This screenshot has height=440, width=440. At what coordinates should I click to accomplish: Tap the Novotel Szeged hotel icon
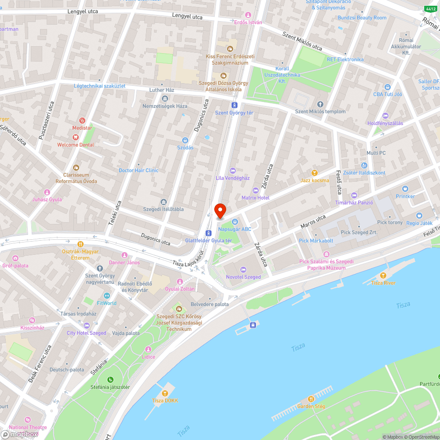[x=243, y=270]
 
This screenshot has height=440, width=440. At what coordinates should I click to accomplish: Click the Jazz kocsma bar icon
[x=315, y=173]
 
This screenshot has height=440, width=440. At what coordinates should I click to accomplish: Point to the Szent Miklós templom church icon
[x=320, y=104]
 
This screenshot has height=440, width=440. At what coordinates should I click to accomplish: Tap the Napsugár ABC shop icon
[x=235, y=221]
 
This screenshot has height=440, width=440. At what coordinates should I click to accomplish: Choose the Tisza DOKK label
[x=165, y=400]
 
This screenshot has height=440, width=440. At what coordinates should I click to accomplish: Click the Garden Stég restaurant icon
[x=311, y=399]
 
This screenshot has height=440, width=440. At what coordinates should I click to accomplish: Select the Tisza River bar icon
[x=383, y=275]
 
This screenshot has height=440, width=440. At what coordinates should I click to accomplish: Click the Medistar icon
[x=82, y=121]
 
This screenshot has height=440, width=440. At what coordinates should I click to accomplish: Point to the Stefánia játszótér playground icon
[x=110, y=380]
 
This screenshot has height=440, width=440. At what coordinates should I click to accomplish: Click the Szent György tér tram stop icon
[x=234, y=105]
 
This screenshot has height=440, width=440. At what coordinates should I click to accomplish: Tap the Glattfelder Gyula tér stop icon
[x=208, y=233]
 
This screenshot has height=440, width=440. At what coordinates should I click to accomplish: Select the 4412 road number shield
[x=430, y=9]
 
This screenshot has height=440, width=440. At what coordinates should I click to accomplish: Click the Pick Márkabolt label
[x=316, y=241]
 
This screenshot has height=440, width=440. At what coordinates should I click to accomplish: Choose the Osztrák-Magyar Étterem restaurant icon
[x=80, y=244]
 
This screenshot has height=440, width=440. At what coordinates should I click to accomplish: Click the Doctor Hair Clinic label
[x=139, y=170]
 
